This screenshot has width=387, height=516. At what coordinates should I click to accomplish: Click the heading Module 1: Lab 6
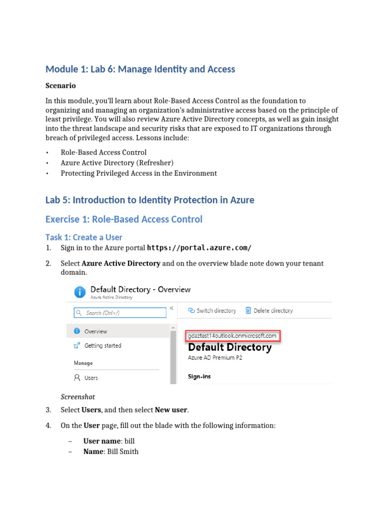coord(140,69)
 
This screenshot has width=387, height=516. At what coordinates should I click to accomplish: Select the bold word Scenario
coord(60,86)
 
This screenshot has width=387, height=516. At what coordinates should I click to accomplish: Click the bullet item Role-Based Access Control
coord(103,152)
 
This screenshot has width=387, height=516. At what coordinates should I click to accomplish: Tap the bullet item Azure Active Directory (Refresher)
coord(117,163)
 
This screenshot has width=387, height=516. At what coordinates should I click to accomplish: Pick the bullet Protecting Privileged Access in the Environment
coord(139,173)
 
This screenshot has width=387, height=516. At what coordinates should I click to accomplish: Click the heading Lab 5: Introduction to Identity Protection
coord(150,200)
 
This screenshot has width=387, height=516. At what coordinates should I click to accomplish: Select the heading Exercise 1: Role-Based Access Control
coord(123,219)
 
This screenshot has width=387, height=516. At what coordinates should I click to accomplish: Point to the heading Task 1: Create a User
coord(84,237)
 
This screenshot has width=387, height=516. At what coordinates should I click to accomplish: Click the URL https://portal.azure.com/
coord(199,248)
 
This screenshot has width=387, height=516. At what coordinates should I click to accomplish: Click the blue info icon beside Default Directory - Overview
coord(80,292)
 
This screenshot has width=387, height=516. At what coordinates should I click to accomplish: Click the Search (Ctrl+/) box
coord(120,313)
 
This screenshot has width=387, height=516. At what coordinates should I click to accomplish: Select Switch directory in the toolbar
coord(212,311)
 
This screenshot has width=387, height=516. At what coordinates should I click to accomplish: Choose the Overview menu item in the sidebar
coord(95,332)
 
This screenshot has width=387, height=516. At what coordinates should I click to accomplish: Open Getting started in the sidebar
coord(102,346)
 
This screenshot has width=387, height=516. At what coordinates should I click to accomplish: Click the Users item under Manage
coord(91,377)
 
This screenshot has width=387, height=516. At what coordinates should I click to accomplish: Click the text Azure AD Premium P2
coord(215,358)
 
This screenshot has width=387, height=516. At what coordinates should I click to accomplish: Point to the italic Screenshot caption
coord(78,397)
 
